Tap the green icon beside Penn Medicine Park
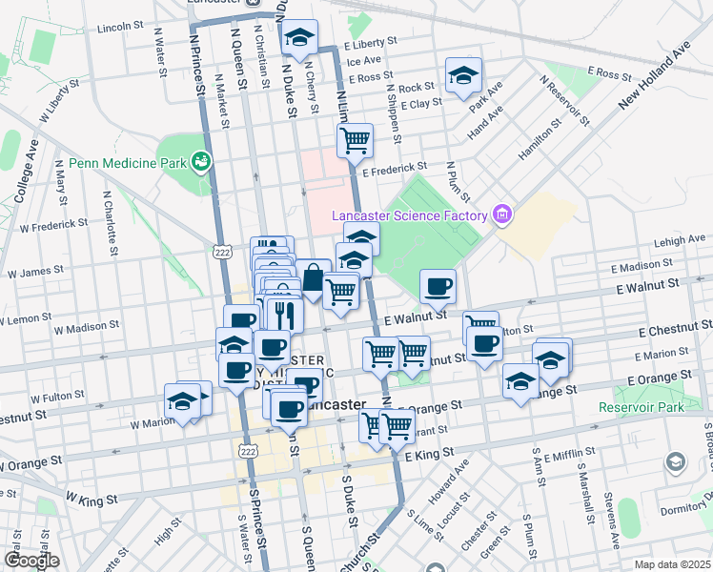tap(201, 162)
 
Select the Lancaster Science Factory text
tap(410, 215)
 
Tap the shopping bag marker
tap(313, 278)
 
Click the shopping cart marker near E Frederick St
tap(355, 142)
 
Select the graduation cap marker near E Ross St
tap(464, 76)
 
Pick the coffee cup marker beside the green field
tap(438, 286)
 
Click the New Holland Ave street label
tap(653, 75)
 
